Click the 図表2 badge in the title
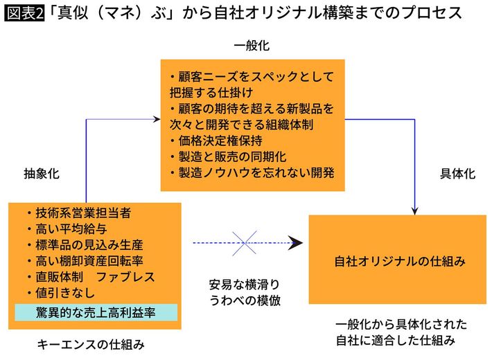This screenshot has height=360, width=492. (x=24, y=14)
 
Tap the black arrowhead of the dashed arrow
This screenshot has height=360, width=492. (x=297, y=242)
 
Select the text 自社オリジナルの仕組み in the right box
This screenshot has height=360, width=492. (x=399, y=262)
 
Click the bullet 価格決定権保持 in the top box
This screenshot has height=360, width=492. (x=215, y=140)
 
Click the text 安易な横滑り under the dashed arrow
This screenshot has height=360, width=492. (x=244, y=284)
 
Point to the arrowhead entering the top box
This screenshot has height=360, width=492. (x=158, y=119)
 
